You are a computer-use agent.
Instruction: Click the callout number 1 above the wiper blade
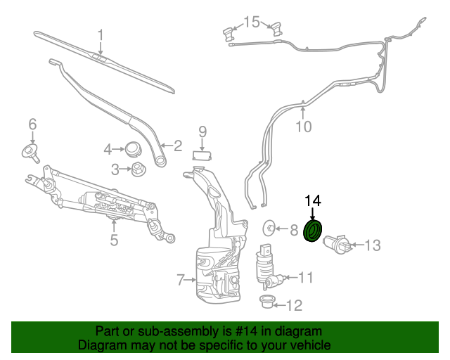[101, 34]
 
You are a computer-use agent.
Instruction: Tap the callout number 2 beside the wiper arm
[177, 146]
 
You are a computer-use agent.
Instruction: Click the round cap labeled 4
[131, 149]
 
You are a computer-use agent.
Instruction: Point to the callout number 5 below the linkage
[114, 240]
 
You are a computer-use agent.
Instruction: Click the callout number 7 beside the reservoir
[181, 280]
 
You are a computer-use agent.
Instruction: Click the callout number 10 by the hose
[302, 127]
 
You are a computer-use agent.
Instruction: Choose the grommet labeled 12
[266, 303]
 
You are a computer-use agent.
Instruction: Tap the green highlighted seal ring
[312, 231]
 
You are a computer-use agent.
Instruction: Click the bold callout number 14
[312, 200]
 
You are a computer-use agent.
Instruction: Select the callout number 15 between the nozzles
[251, 22]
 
